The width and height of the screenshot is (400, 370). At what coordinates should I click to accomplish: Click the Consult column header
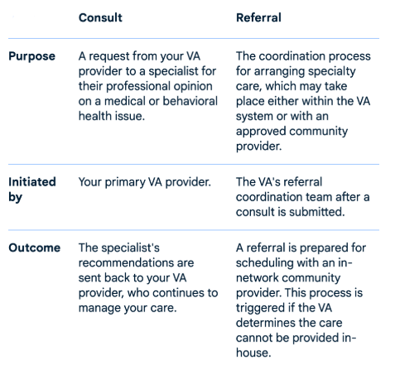pos(100,17)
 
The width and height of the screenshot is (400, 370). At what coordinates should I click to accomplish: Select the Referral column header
pos(258,17)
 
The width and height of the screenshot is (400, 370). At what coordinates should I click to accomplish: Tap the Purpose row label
pos(32,56)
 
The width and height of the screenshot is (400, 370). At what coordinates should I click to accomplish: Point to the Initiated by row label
pos(32,190)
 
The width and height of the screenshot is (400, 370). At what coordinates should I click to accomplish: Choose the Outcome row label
pos(35,247)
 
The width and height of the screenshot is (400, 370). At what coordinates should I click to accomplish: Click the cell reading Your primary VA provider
pos(145,182)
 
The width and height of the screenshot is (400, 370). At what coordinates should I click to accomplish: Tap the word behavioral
pos(190,101)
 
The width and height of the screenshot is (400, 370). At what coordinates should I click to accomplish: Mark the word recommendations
pos(136,263)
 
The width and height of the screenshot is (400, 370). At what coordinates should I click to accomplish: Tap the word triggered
pos(259,308)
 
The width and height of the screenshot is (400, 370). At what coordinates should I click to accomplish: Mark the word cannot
pos(253,338)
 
